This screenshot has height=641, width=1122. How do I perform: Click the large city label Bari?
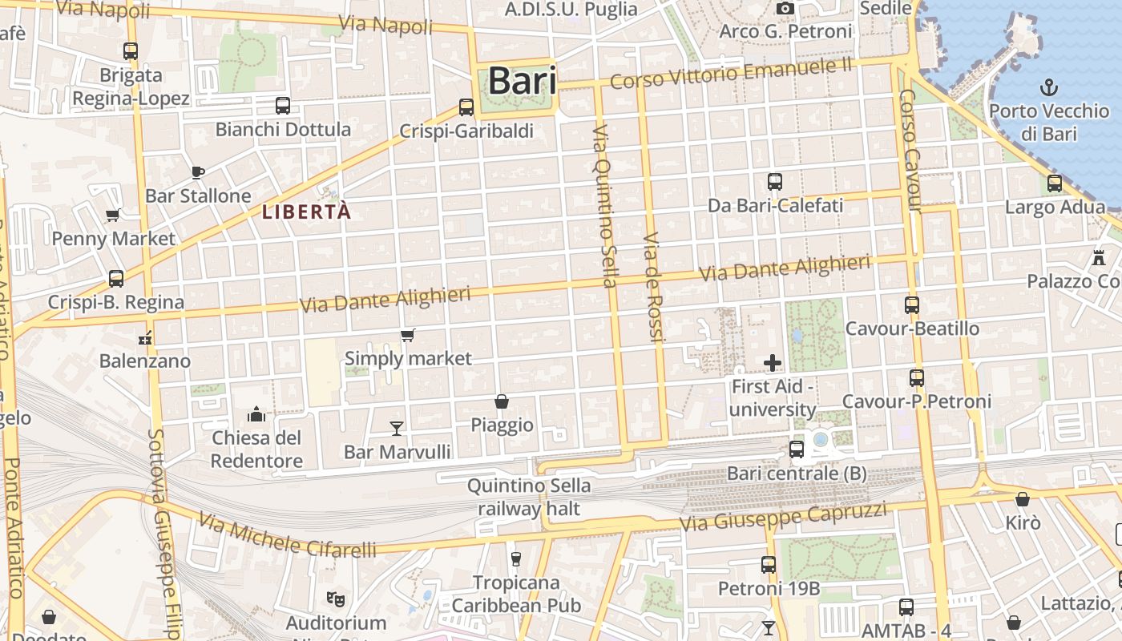(522, 81)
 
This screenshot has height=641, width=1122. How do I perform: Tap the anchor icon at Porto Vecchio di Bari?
(1048, 87)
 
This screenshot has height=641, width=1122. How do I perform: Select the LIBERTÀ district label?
(307, 212)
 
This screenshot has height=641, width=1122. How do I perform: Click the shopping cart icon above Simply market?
(408, 335)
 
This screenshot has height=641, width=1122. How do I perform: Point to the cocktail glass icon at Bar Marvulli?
(396, 429)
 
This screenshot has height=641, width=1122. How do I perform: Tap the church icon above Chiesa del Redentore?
(256, 413)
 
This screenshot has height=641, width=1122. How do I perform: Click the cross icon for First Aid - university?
(773, 363)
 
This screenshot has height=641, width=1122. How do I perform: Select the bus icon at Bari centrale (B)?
(796, 450)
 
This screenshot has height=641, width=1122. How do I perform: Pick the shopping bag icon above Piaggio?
(502, 401)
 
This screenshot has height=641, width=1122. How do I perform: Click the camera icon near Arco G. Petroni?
(785, 9)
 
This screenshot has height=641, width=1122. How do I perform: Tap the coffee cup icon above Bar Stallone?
(198, 171)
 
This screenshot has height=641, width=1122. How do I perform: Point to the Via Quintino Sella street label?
(605, 206)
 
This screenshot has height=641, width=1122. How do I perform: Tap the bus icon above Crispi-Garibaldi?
(466, 107)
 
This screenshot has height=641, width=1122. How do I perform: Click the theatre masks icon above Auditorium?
(336, 598)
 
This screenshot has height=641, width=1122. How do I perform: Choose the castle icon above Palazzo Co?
(1098, 258)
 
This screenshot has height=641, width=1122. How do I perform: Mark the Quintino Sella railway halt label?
(529, 497)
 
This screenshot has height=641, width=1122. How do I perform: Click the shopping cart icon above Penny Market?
(113, 215)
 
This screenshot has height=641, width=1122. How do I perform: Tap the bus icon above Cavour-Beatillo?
(911, 304)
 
